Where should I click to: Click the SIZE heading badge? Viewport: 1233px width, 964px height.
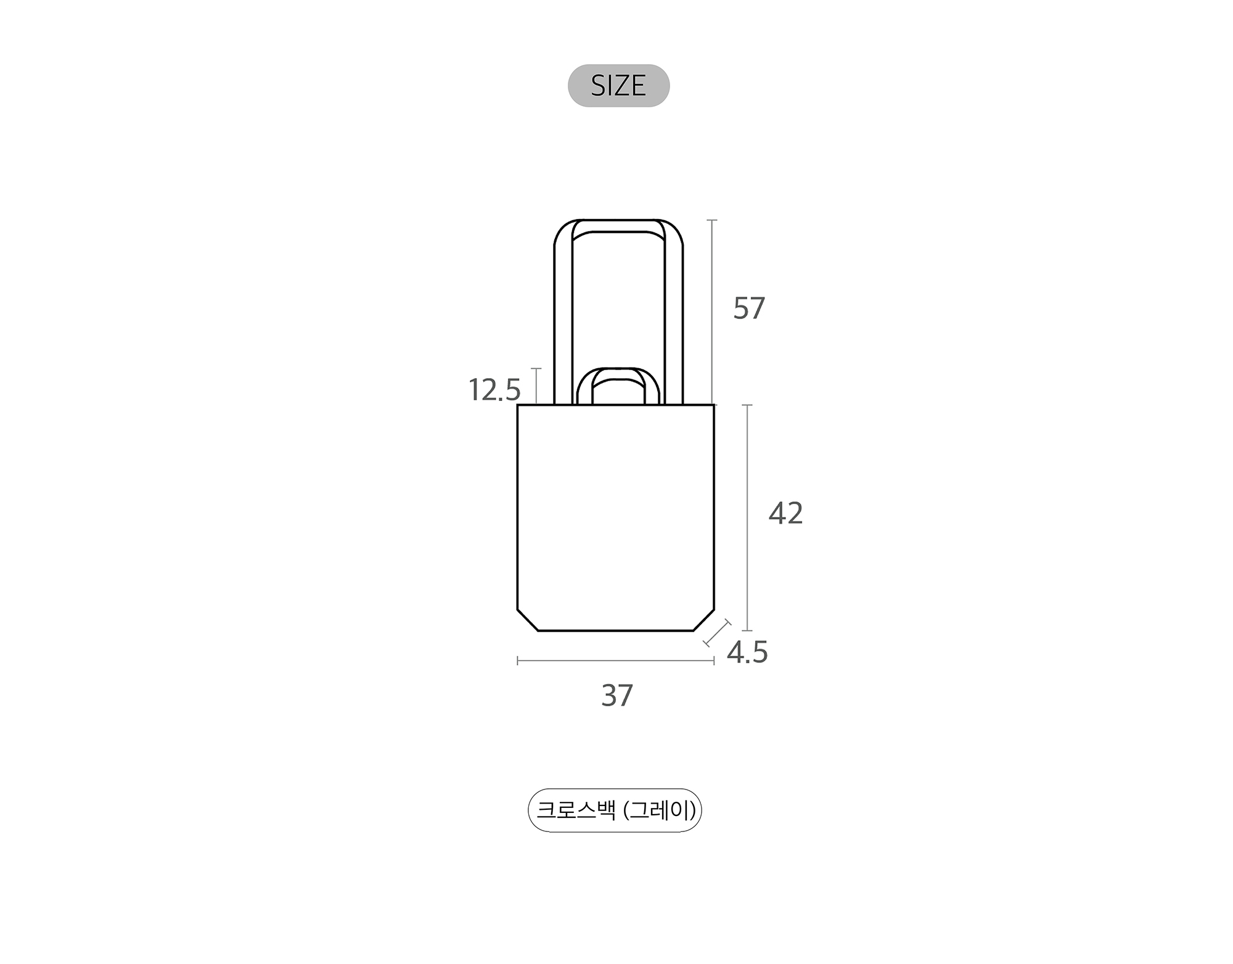point(618,86)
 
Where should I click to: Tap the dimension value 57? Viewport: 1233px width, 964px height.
point(749,308)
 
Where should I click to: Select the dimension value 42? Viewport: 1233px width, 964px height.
point(785,513)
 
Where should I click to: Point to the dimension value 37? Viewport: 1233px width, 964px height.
point(617,696)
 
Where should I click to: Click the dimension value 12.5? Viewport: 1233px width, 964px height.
point(494,390)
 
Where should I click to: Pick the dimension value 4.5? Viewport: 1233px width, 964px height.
point(747,653)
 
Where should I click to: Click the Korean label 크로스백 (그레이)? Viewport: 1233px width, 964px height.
point(615,810)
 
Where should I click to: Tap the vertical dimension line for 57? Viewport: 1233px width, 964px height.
point(712,312)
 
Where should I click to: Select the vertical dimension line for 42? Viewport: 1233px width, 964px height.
point(747,517)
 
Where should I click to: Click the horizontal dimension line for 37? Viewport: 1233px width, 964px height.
point(615,661)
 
